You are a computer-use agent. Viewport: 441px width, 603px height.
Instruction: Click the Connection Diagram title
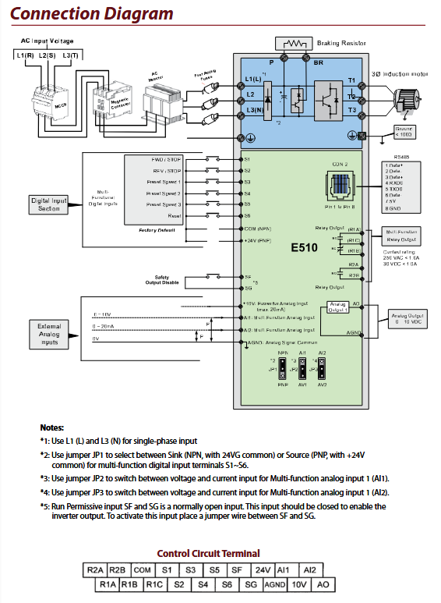pyautogui.click(x=92, y=13)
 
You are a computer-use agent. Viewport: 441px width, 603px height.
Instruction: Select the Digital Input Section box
pyautogui.click(x=49, y=204)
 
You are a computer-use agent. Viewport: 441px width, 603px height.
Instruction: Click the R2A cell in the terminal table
pyautogui.click(x=93, y=570)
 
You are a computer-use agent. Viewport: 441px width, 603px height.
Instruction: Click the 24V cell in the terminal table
pyautogui.click(x=263, y=570)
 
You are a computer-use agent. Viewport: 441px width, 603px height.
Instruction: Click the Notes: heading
pyautogui.click(x=52, y=427)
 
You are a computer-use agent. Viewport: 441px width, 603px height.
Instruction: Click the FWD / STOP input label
pyautogui.click(x=166, y=158)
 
